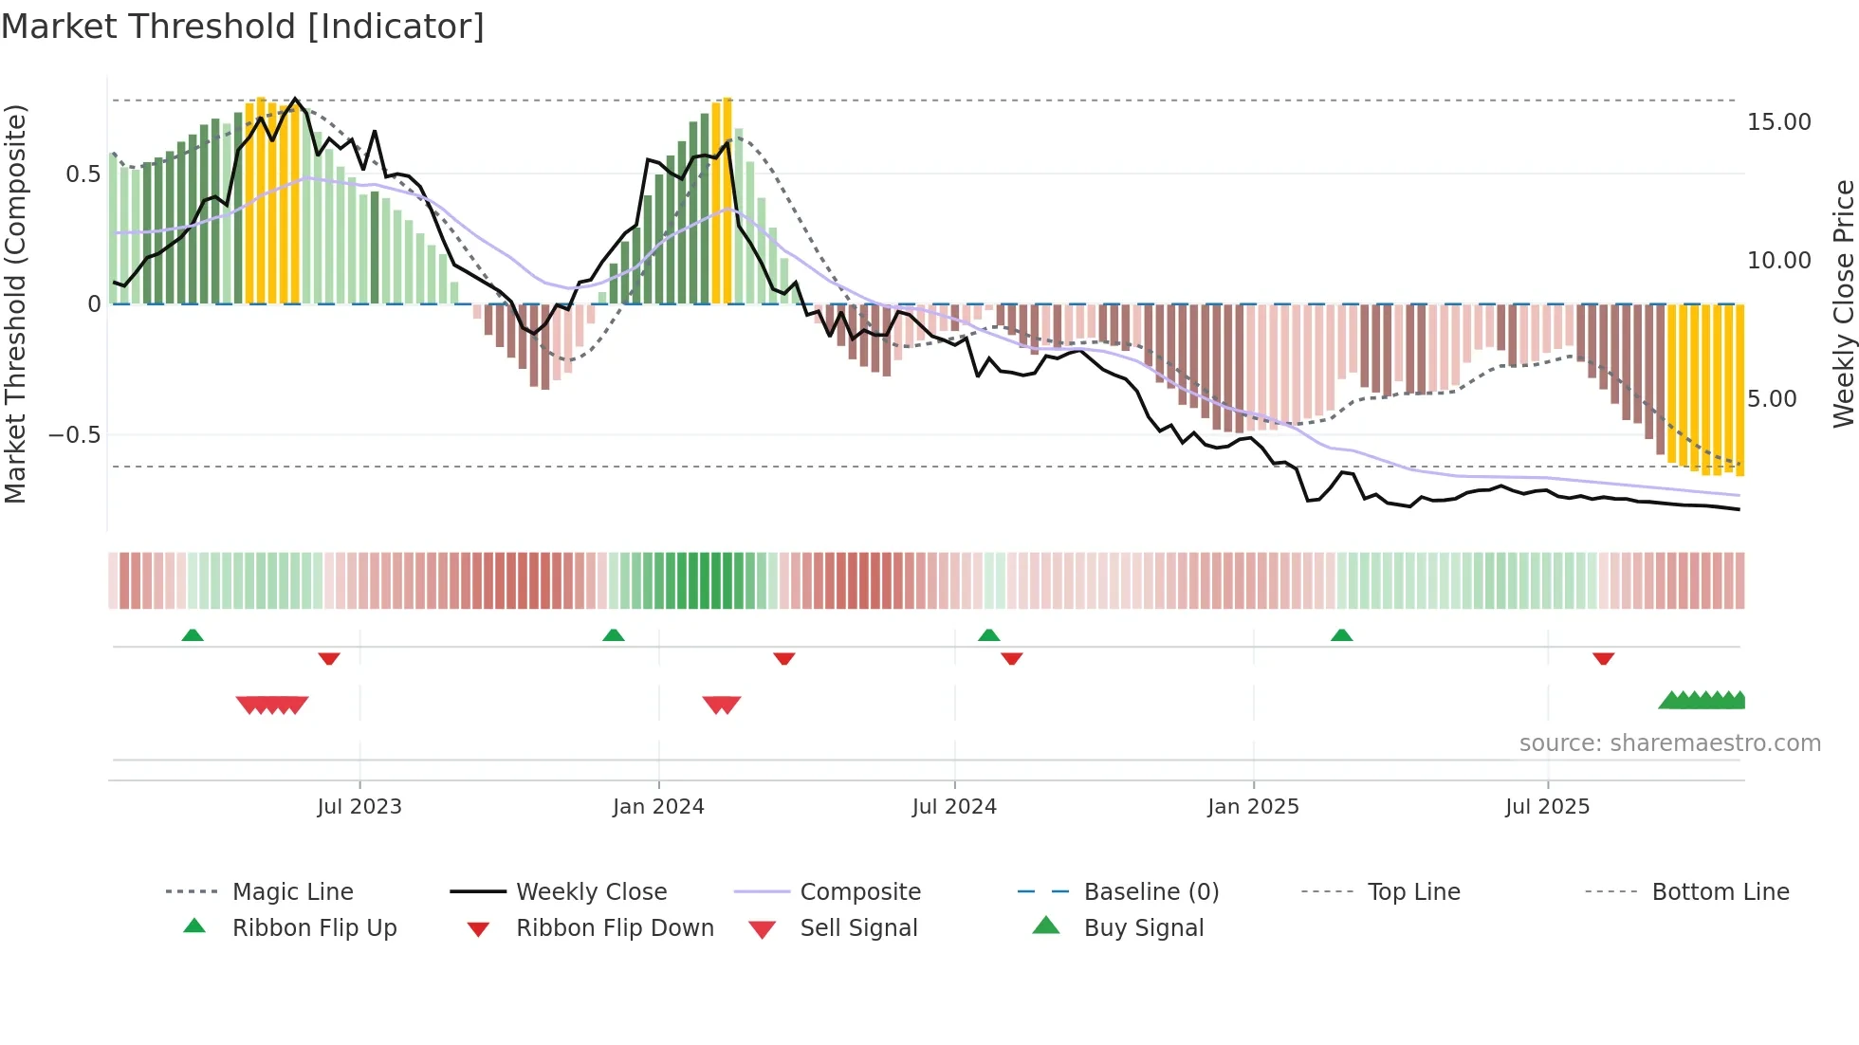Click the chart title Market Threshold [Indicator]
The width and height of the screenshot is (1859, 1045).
(x=243, y=27)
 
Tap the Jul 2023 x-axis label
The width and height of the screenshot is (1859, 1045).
(x=359, y=807)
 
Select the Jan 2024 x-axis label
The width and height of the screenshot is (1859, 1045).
(x=658, y=807)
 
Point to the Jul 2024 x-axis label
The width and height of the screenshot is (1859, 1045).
(x=954, y=807)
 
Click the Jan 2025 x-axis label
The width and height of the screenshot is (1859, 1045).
(x=1253, y=807)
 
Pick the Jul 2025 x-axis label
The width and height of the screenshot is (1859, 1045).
(x=1547, y=807)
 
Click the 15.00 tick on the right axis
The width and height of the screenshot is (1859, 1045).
(x=1778, y=122)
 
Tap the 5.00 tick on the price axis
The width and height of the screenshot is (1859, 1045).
(x=1772, y=399)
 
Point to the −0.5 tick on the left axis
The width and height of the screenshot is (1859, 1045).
(x=74, y=435)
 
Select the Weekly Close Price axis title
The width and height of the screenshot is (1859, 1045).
(x=1843, y=303)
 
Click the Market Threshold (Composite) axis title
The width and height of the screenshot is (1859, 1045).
(x=15, y=303)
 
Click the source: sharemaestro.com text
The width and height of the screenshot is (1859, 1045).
(x=1669, y=743)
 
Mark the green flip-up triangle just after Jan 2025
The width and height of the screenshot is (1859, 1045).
(x=1341, y=635)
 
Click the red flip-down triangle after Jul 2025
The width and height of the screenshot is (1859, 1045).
(x=1603, y=658)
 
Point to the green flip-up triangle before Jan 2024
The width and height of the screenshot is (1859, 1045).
(x=614, y=635)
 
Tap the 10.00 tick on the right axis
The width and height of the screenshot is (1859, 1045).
(x=1778, y=261)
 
